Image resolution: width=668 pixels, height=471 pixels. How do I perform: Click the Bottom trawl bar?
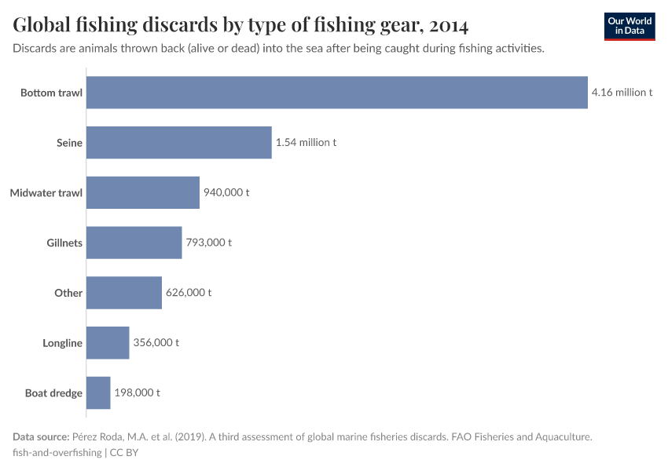tap(336, 93)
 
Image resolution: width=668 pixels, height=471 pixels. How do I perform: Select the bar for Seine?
tap(178, 143)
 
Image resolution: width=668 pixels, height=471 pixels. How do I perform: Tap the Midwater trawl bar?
tap(142, 192)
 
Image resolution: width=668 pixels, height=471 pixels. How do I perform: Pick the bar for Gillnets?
tap(134, 243)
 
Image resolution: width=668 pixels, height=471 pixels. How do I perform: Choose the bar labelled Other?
tap(123, 293)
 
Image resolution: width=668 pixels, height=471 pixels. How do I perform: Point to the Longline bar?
tap(107, 342)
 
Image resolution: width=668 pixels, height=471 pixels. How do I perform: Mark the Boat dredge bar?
tap(98, 392)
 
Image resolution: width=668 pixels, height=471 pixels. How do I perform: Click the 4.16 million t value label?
tap(622, 93)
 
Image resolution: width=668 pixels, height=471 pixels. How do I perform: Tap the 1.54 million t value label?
tap(306, 143)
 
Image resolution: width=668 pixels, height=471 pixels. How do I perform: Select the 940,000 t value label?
tap(226, 192)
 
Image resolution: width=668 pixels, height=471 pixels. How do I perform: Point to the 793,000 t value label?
tap(208, 243)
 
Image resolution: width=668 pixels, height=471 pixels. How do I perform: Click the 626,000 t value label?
tap(189, 293)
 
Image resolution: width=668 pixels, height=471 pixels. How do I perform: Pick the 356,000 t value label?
tap(156, 342)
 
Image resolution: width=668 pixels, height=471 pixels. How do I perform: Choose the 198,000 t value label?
tap(138, 392)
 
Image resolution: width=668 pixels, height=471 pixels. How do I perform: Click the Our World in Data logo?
tap(629, 26)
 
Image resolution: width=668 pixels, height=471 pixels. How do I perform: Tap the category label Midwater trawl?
tap(46, 192)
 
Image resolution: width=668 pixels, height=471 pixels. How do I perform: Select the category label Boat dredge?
tap(53, 392)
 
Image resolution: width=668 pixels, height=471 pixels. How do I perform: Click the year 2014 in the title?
tap(449, 26)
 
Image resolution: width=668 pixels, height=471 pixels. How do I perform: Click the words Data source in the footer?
tap(41, 436)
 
